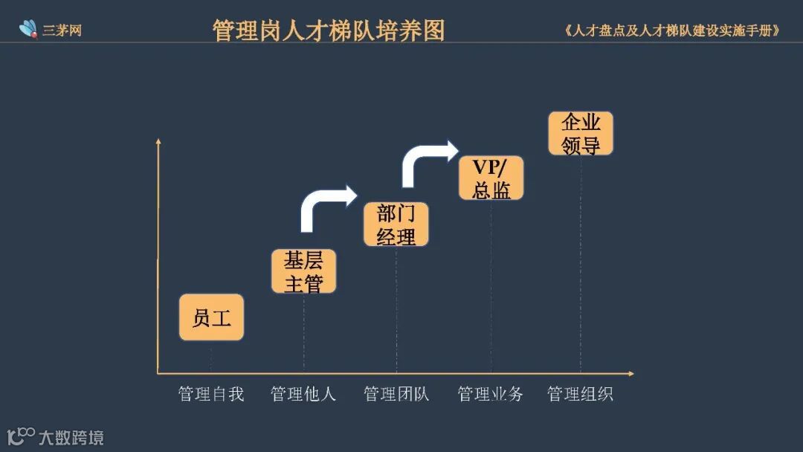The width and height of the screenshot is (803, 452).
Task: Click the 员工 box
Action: [211, 317]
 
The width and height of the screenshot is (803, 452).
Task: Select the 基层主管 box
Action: [303, 271]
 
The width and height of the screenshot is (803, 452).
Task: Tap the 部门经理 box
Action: [396, 225]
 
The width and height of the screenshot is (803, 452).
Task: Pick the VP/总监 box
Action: [491, 178]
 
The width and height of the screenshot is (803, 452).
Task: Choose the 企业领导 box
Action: [581, 133]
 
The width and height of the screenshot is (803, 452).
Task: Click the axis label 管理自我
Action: [211, 394]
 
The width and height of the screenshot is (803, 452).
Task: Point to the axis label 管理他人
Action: [303, 394]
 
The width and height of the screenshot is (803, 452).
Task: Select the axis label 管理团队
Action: [396, 394]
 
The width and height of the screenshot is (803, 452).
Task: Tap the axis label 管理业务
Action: [491, 394]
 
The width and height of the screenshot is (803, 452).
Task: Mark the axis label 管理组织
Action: [581, 394]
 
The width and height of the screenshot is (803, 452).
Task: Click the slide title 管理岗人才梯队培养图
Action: [329, 30]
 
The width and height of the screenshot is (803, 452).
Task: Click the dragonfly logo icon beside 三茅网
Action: [28, 29]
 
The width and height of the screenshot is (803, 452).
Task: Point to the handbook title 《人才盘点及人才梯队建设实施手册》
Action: [672, 31]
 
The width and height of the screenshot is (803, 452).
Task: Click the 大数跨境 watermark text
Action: [71, 437]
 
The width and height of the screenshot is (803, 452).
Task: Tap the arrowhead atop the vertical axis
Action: [158, 141]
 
